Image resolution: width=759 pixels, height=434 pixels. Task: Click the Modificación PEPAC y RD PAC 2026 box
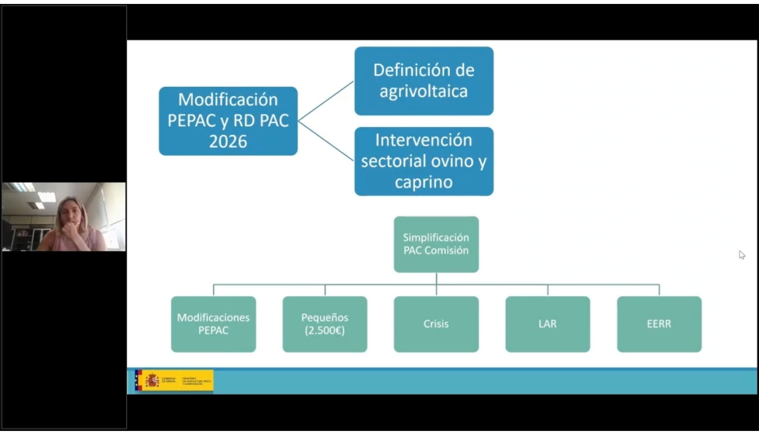(x=228, y=121)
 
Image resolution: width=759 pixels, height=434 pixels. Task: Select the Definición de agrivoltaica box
(x=424, y=81)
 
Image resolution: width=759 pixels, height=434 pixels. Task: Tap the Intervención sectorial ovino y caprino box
(x=424, y=161)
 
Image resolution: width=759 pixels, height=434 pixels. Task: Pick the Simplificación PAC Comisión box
(x=436, y=244)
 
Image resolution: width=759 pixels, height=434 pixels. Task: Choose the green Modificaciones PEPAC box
(x=213, y=324)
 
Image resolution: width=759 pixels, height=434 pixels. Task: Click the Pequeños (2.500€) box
(x=325, y=324)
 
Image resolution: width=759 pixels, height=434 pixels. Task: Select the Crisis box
(x=436, y=324)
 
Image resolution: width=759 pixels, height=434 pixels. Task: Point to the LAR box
(x=548, y=324)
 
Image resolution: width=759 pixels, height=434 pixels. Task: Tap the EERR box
(x=659, y=324)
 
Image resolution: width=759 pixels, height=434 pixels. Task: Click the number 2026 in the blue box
(x=228, y=142)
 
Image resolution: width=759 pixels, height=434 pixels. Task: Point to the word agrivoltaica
(x=424, y=91)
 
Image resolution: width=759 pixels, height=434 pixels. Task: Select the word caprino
(x=424, y=183)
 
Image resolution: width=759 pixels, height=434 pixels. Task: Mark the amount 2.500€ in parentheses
(x=325, y=330)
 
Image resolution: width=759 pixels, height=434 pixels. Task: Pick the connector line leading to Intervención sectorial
(x=326, y=140)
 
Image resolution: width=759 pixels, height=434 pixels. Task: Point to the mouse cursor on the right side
(x=742, y=254)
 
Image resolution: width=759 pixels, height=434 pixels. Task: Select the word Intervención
(x=424, y=140)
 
